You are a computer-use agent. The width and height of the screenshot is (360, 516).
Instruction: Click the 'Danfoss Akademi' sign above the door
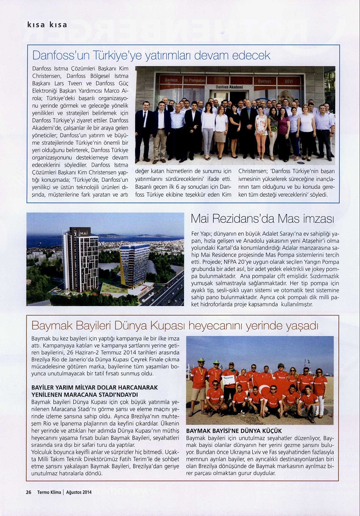click(229, 87)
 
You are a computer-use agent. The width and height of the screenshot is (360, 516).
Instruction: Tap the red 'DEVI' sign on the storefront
click(289, 81)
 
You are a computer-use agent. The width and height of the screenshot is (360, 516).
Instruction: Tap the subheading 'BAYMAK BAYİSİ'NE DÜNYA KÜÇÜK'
click(234, 430)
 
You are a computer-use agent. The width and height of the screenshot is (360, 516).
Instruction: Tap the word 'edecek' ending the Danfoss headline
click(251, 56)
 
